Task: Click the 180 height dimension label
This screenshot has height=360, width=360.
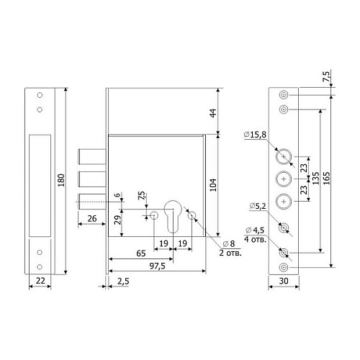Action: [x=61, y=180]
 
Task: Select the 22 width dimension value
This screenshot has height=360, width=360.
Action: [x=40, y=281]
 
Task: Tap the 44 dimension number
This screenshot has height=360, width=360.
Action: [x=213, y=113]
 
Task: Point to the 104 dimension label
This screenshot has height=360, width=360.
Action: [x=213, y=185]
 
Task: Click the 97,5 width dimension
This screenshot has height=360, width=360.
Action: [x=158, y=266]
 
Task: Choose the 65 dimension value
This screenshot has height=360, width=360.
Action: [x=141, y=253]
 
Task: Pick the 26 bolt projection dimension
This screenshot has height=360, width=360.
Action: [x=92, y=219]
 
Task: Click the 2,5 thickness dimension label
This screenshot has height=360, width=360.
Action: [x=123, y=282]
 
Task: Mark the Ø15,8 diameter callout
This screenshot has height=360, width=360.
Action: [x=255, y=135]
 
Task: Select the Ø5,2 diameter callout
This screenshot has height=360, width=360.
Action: [x=258, y=206]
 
